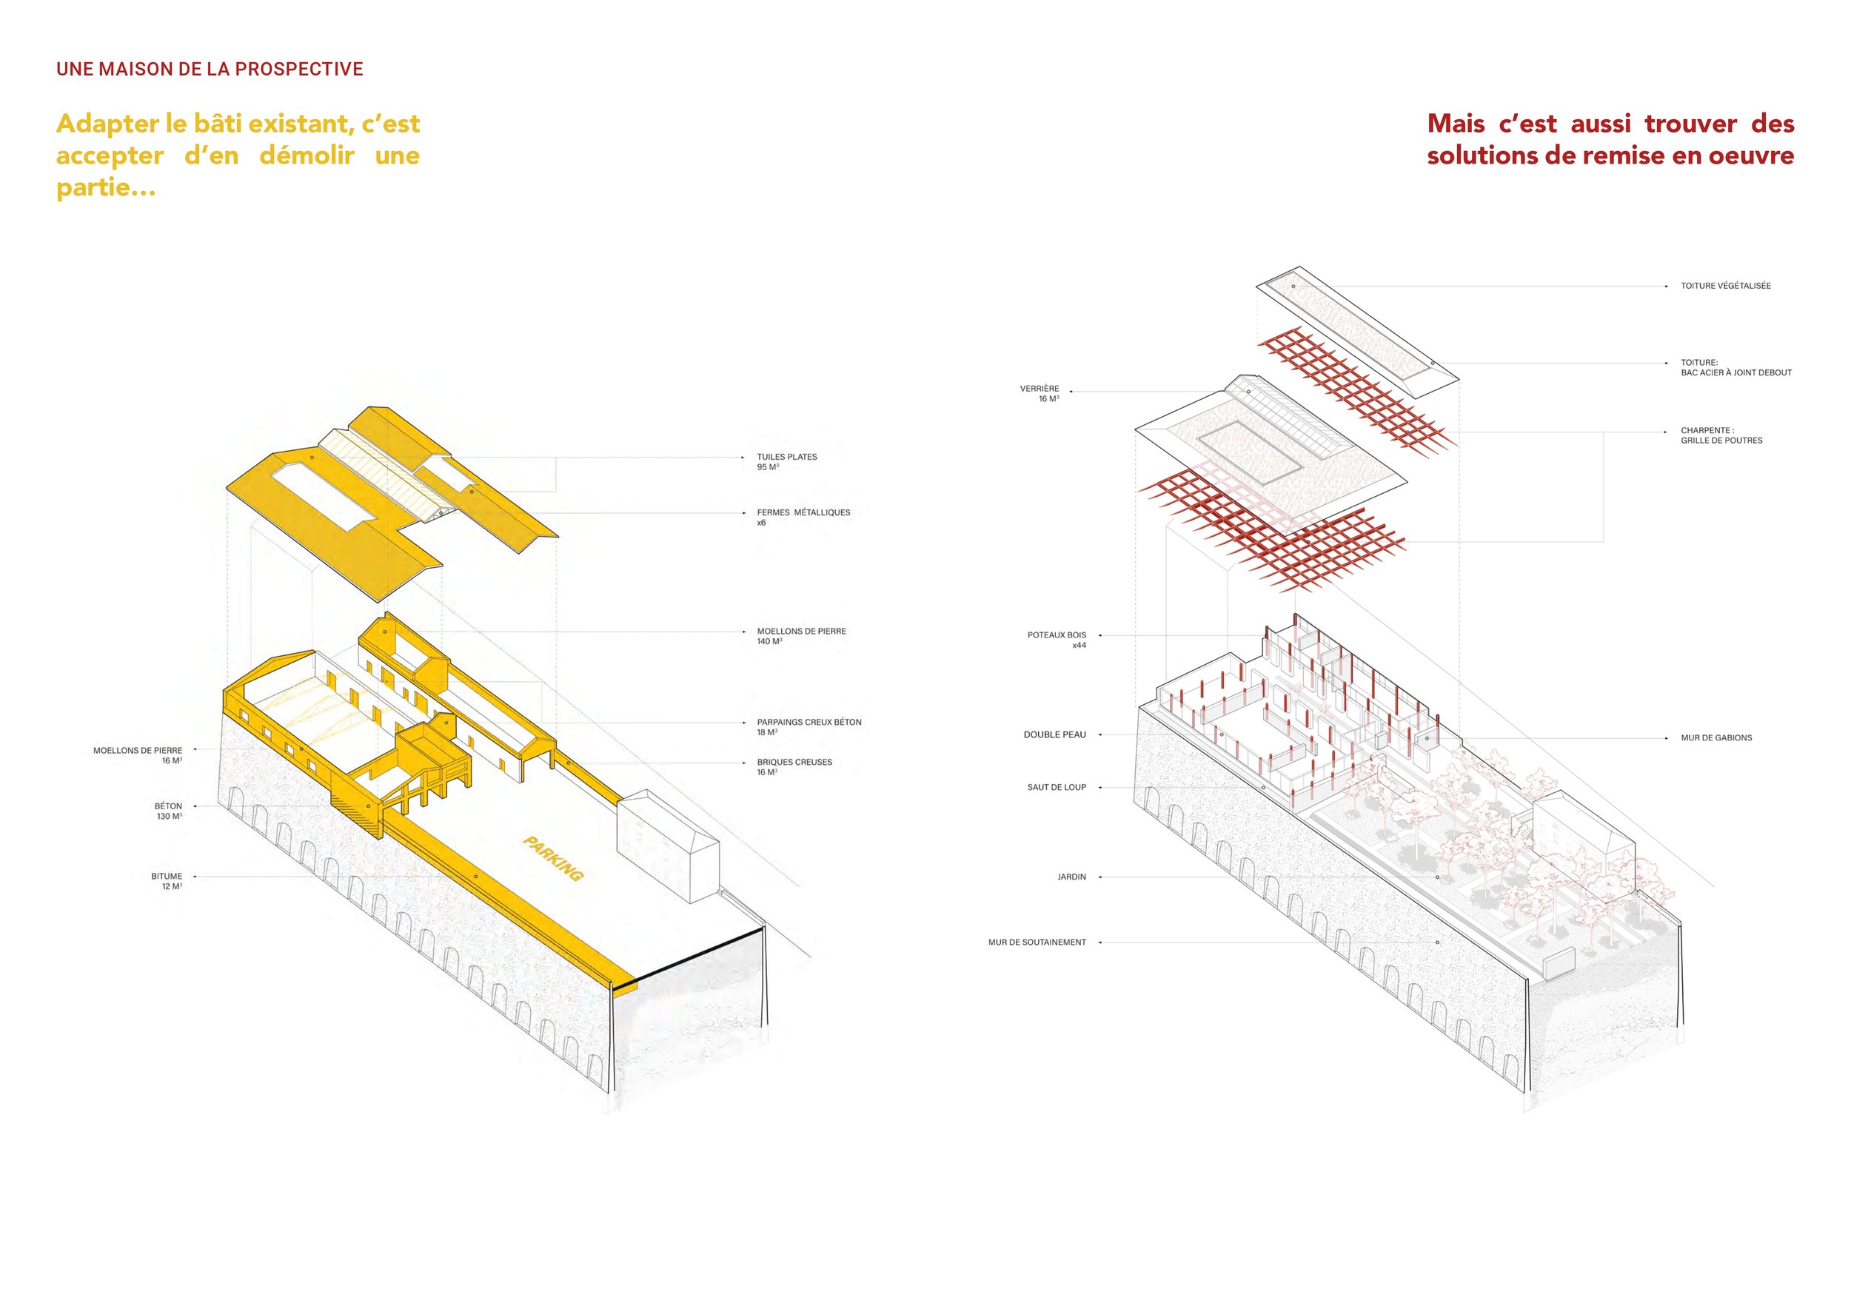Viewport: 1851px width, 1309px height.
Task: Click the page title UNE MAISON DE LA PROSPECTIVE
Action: coord(210,70)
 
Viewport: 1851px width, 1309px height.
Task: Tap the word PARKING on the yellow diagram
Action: coord(553,858)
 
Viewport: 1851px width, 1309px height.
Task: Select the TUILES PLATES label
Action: coord(787,462)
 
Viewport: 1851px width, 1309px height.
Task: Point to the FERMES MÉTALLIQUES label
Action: coord(803,518)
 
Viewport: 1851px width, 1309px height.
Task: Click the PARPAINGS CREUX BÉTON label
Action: coord(809,727)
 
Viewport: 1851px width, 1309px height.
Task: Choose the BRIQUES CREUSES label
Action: coord(794,766)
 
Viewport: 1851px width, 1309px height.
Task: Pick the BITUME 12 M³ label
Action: coord(167,881)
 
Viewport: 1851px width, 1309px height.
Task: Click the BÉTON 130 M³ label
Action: coord(169,811)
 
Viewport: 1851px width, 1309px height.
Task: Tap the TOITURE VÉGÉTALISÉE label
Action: coord(1725,286)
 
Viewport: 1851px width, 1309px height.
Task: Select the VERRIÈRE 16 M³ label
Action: coord(1040,393)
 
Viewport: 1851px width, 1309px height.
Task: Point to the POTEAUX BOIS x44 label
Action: coord(1057,640)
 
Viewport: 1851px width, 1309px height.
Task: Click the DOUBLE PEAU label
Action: coord(1054,735)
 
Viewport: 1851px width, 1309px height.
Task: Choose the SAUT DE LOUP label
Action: coord(1056,788)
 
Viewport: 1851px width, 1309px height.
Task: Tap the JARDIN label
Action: coord(1071,877)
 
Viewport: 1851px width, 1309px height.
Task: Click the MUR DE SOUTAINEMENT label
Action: coord(1037,943)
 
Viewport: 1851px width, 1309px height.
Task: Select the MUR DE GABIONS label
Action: coord(1716,737)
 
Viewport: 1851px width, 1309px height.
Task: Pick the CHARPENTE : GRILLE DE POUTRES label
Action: coord(1721,435)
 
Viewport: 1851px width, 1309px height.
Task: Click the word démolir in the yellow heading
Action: coord(307,155)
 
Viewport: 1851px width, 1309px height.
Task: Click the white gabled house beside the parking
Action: coord(668,846)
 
